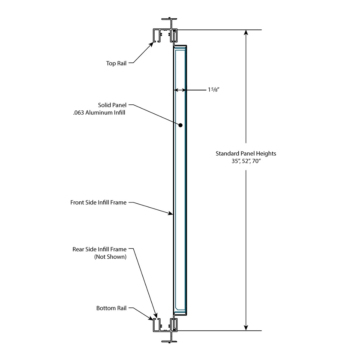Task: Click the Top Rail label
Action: point(116,63)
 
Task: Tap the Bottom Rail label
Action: point(111,308)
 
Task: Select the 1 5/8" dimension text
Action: point(213,90)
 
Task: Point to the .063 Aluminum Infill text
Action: point(99,113)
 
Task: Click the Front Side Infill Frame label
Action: point(98,202)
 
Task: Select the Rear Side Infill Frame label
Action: point(99,249)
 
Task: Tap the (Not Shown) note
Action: point(110,257)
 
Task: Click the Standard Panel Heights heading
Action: point(246,154)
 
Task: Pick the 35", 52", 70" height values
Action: point(246,161)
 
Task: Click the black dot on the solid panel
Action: point(180,125)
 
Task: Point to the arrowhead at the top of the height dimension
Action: point(246,33)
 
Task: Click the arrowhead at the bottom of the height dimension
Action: point(246,328)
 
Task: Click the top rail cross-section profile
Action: point(165,35)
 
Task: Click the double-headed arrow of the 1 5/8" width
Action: point(180,90)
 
